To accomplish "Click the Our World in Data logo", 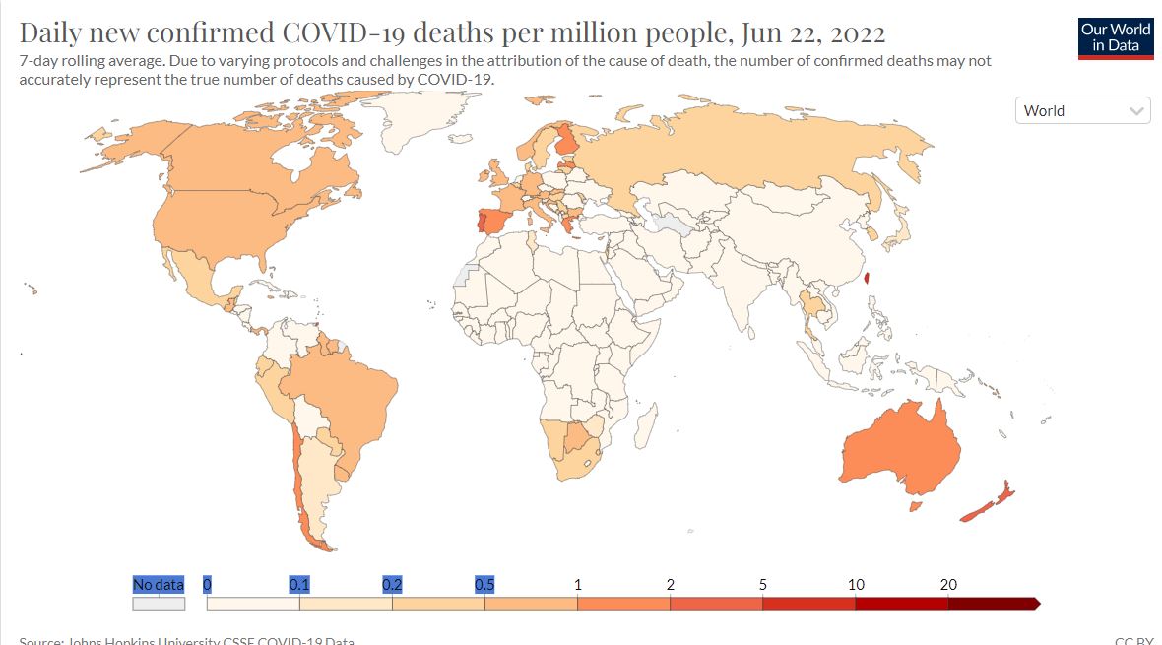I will tap(1116, 36).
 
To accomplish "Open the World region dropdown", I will tap(1082, 111).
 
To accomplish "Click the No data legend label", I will tap(158, 585).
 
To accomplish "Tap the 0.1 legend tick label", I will tap(299, 585).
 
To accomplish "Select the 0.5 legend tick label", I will tap(484, 585).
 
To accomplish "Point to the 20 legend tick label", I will tap(948, 585).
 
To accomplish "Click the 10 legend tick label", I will tap(856, 585).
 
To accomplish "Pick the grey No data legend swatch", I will tap(158, 604).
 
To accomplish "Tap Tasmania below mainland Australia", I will tap(916, 506).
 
